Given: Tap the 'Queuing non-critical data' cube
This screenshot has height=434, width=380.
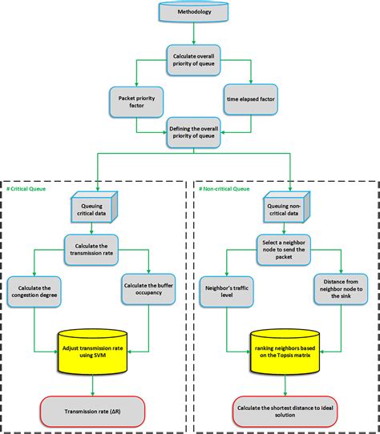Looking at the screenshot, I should [x=287, y=210].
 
